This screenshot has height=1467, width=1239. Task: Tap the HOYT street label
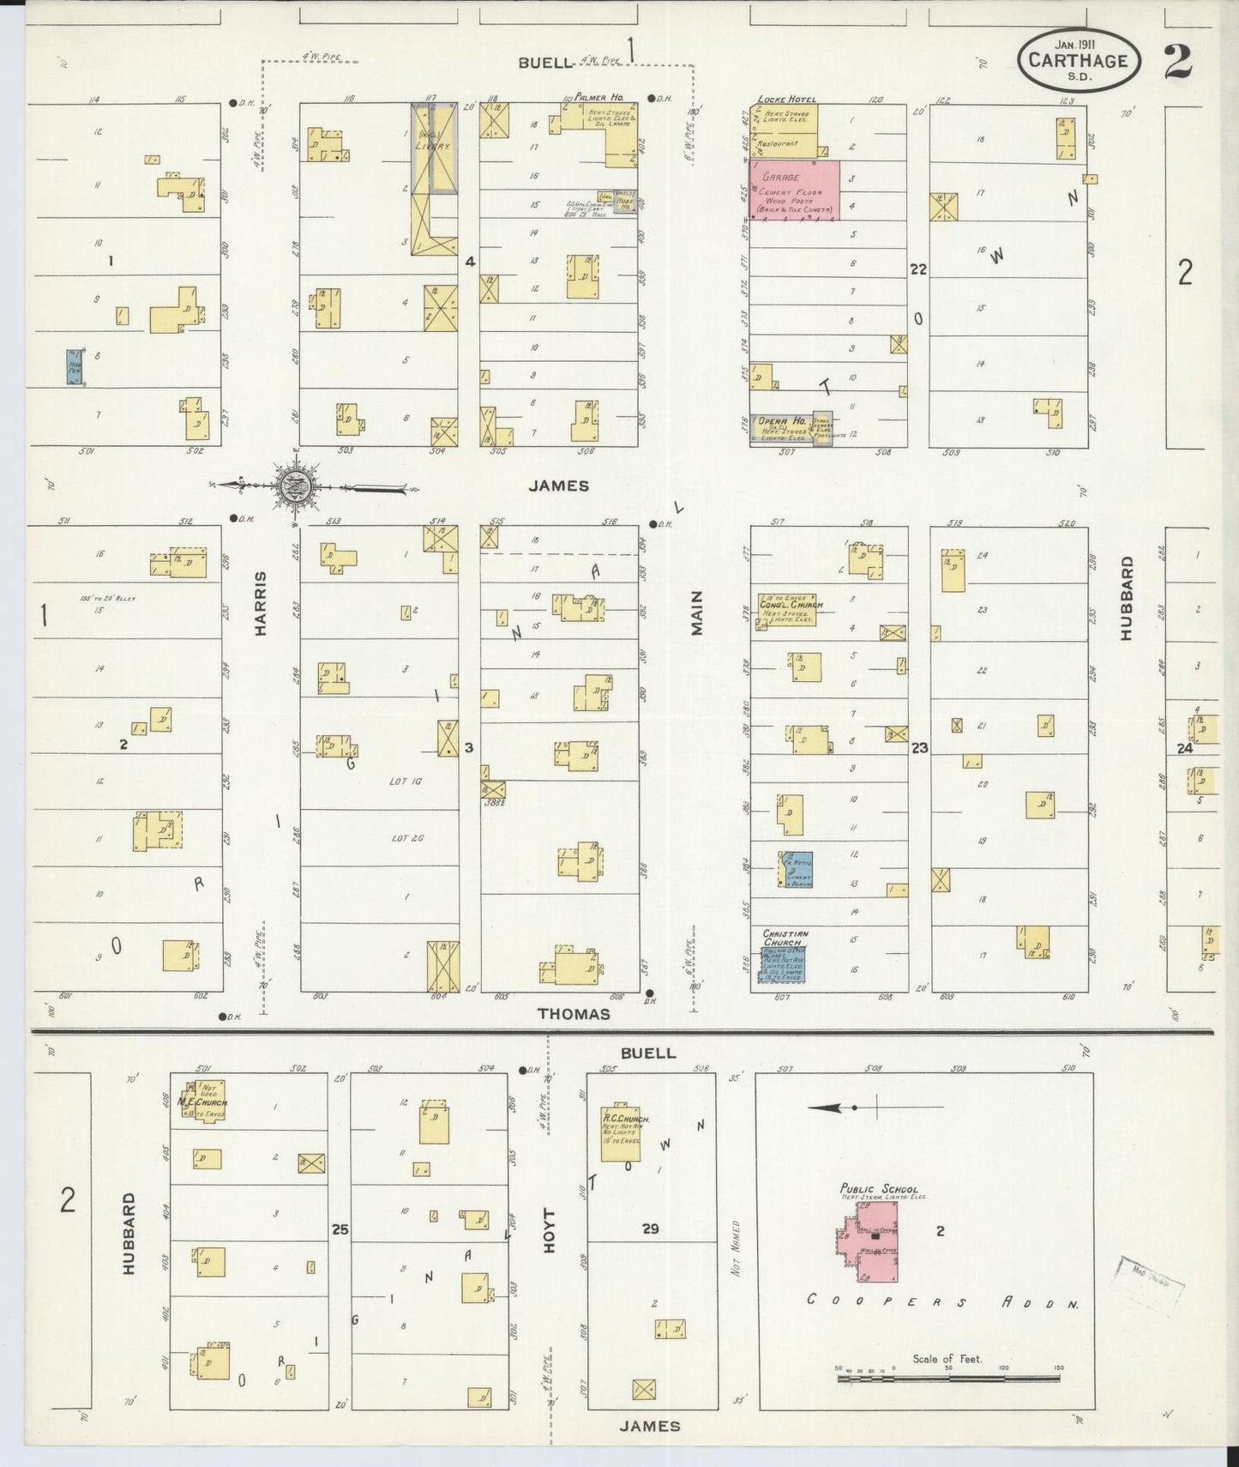(549, 1231)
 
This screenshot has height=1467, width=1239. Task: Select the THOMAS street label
(574, 1014)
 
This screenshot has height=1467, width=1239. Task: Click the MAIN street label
(697, 613)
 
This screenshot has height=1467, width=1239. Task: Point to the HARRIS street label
(261, 604)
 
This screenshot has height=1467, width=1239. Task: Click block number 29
(650, 1229)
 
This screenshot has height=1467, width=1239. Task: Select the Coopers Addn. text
(941, 1302)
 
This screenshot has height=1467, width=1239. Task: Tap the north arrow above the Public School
(875, 1108)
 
